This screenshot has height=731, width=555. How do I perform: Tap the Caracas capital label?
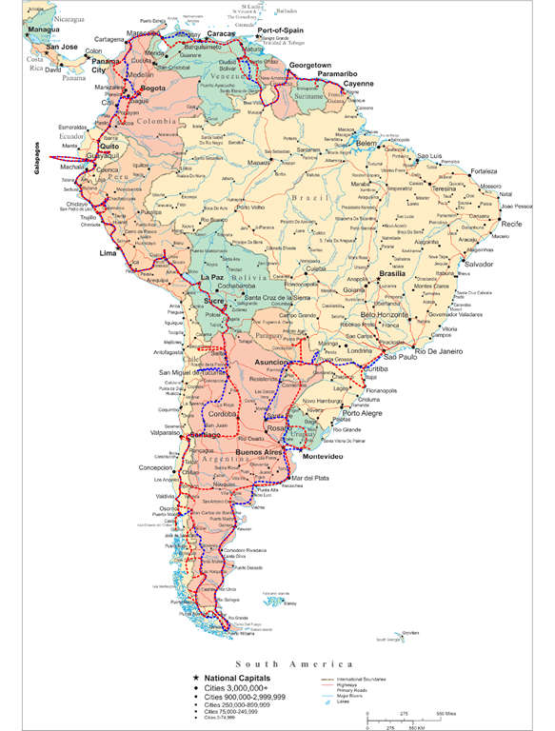220,33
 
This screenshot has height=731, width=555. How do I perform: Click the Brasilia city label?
392,273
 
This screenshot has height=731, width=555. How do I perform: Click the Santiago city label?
205,434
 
